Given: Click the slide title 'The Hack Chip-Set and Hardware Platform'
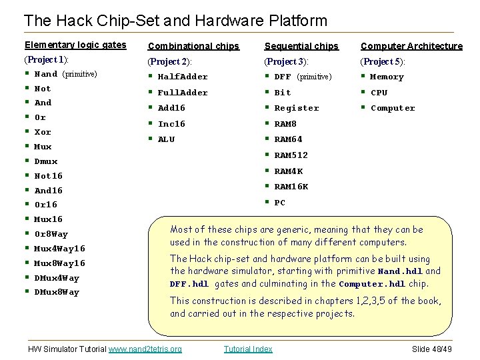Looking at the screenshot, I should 175,21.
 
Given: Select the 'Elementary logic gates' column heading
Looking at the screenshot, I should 75,45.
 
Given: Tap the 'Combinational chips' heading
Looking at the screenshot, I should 194,46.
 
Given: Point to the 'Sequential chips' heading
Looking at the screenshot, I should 301,46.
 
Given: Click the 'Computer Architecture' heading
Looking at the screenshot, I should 411,46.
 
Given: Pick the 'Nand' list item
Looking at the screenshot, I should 46,74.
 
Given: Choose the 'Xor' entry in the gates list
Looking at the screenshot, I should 43,132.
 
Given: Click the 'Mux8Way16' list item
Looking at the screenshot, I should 60,263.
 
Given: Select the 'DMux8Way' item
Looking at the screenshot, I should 57,292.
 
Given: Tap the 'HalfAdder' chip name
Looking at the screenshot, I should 183,77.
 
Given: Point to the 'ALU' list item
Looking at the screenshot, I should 166,139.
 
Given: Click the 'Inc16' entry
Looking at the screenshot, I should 171,124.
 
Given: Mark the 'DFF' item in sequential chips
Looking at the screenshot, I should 283,77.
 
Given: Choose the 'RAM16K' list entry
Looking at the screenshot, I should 291,187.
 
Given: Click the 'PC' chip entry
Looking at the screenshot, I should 280,203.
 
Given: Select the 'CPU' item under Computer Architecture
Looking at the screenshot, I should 379,93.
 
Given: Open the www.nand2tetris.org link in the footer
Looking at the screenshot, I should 145,349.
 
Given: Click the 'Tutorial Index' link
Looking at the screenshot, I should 248,349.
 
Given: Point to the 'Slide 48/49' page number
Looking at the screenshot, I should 432,349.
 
